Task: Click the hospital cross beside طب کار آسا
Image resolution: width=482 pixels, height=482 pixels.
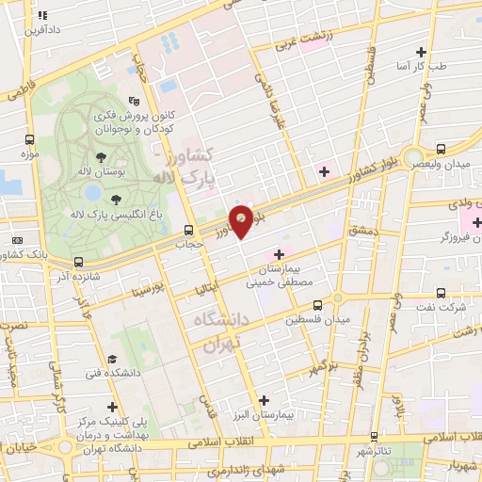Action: [421, 52]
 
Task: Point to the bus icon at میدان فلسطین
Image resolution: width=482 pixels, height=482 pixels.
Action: [317, 304]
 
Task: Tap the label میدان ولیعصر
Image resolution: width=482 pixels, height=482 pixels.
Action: [445, 166]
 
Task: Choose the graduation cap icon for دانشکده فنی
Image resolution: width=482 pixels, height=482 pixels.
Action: [111, 361]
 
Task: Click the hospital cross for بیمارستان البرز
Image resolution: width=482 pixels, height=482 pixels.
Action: [264, 400]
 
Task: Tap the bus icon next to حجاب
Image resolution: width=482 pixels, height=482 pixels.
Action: [189, 230]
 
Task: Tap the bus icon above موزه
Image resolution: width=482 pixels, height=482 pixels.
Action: [31, 137]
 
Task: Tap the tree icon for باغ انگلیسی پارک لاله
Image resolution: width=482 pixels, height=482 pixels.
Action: [115, 199]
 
